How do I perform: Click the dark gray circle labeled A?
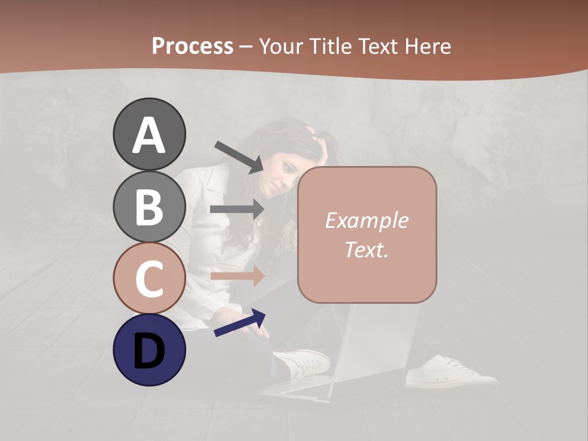(x=149, y=134)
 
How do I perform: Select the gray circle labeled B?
(x=149, y=206)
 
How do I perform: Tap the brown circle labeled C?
(x=149, y=278)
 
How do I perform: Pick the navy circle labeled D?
(x=149, y=350)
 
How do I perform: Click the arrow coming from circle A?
(x=239, y=157)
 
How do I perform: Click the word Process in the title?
(x=192, y=46)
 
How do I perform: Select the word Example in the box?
(x=367, y=221)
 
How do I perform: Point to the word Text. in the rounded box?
(x=367, y=249)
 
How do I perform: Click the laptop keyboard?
(x=306, y=388)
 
